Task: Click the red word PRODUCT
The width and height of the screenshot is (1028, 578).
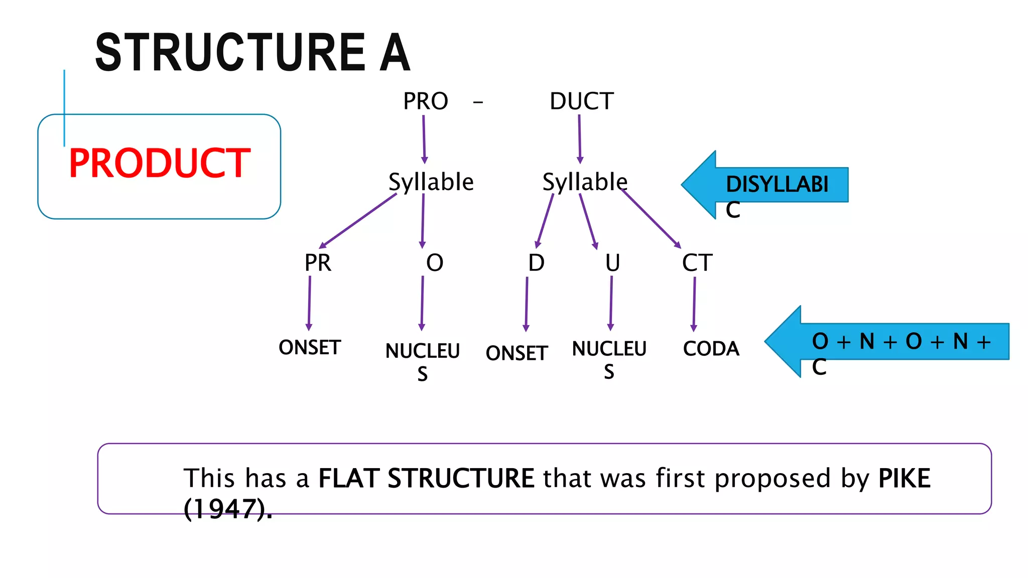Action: tap(159, 164)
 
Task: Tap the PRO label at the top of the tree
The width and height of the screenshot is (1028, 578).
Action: tap(425, 101)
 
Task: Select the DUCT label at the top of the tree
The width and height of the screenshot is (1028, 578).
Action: tap(581, 101)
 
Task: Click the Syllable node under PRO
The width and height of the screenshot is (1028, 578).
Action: tap(431, 182)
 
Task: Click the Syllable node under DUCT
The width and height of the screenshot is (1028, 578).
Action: tap(585, 182)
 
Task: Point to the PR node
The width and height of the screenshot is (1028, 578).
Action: tap(318, 263)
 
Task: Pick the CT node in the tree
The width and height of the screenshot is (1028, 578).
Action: tap(697, 263)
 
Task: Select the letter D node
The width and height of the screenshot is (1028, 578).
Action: tap(536, 263)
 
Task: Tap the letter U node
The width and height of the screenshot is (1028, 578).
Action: tap(612, 263)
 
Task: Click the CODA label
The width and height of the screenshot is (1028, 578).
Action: tap(711, 349)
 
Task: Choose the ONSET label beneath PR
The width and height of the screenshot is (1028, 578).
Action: tap(310, 347)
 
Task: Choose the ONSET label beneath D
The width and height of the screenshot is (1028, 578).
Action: tap(517, 353)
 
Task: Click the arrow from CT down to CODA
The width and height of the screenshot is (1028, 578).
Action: tap(694, 304)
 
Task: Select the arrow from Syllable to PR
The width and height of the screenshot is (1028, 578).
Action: tap(357, 221)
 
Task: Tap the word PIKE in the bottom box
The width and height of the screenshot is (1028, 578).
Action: tap(904, 478)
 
